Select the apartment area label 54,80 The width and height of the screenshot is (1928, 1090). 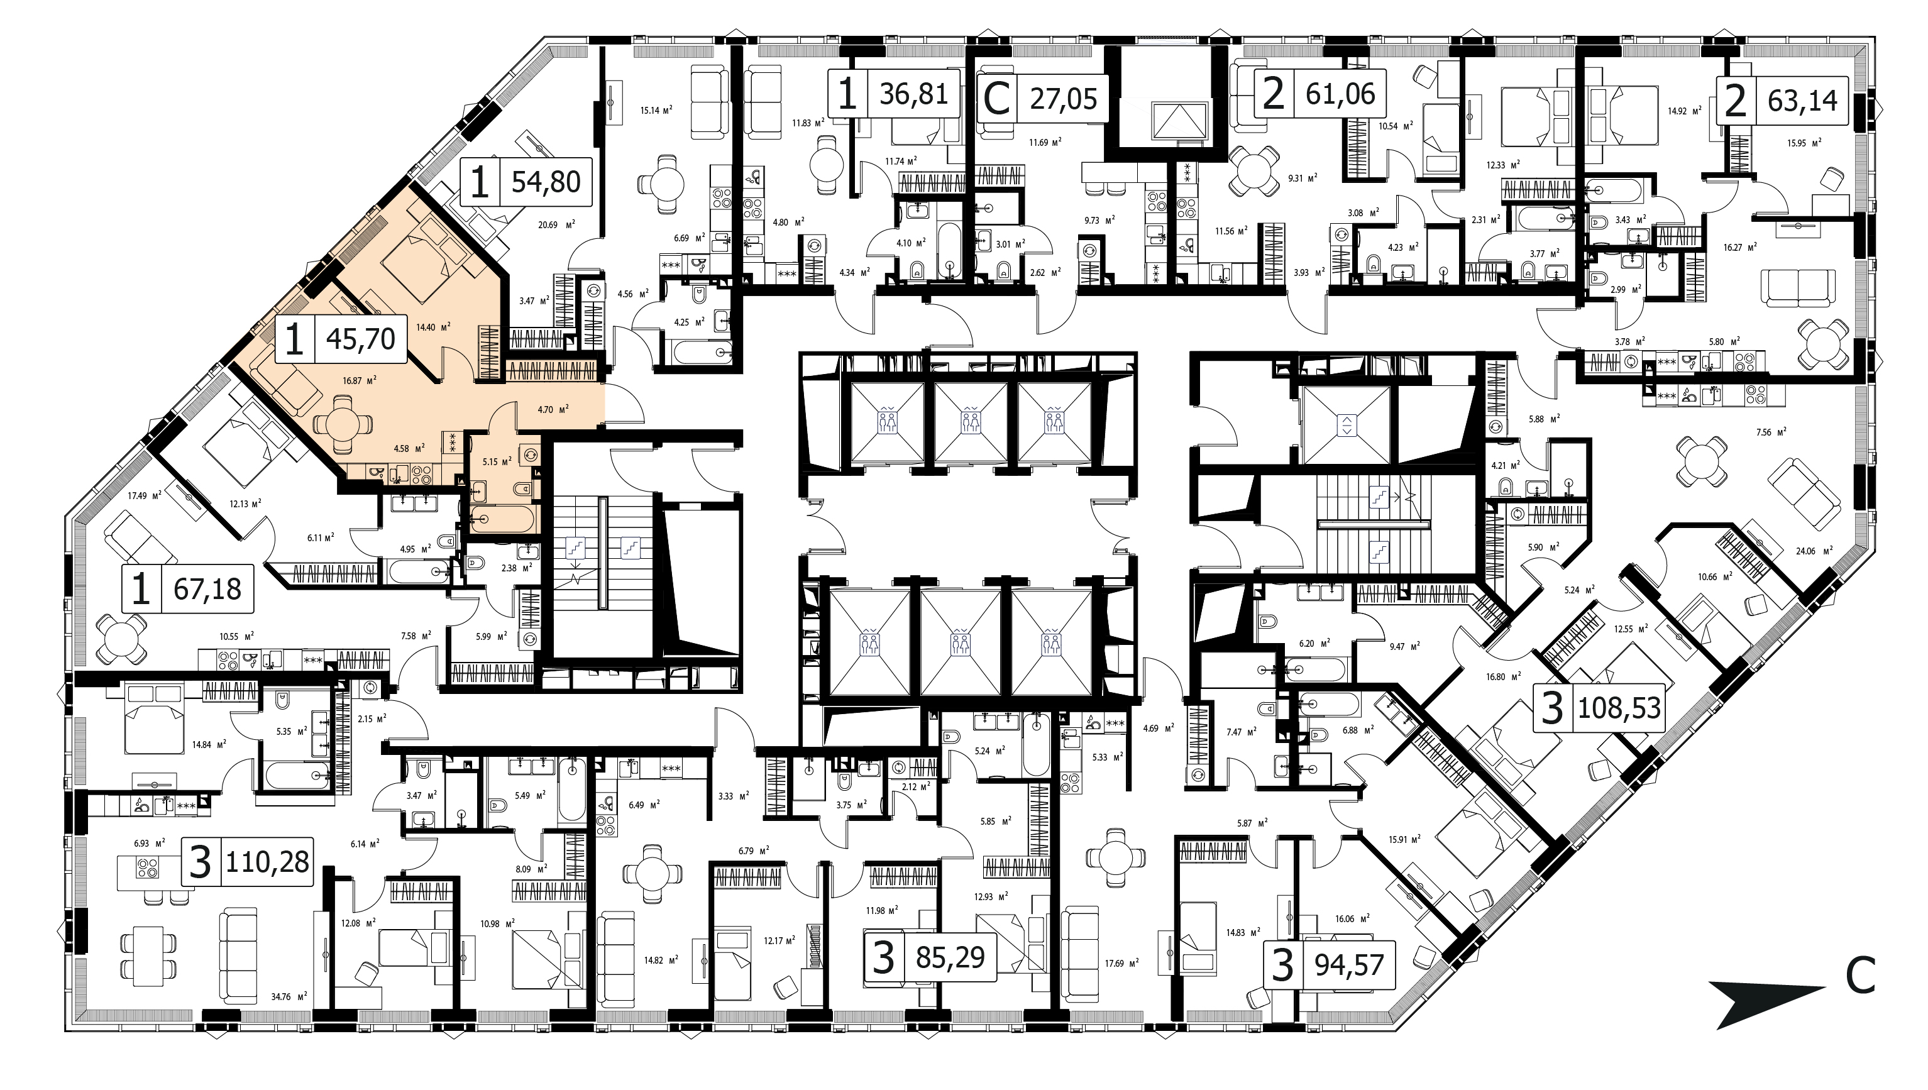point(546,182)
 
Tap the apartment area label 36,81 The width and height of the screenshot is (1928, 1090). point(914,94)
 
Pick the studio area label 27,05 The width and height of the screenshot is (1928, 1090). point(1063,98)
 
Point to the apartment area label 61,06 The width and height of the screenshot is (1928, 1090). point(1340,94)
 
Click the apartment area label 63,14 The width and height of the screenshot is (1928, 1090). point(1802,99)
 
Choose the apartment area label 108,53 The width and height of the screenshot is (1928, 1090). point(1619,707)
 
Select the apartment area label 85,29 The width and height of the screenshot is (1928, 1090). point(950,957)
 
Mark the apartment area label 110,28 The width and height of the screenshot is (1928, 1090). point(267,862)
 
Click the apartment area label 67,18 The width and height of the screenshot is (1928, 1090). point(207,589)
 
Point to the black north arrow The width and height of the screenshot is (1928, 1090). point(1767,1003)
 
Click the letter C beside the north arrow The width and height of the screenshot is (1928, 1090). point(1861,976)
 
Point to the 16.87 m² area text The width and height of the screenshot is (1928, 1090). point(359,380)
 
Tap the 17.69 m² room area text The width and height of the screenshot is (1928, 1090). point(1122,963)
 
